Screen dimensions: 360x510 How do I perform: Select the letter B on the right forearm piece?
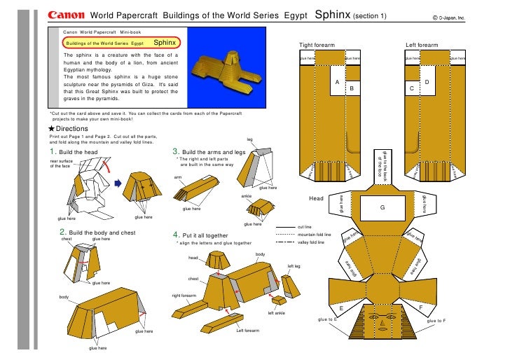(x=352, y=90)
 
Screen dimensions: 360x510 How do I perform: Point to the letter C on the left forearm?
(x=411, y=90)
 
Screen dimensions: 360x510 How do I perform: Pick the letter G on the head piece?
(x=382, y=207)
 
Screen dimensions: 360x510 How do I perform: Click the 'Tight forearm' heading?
(x=317, y=46)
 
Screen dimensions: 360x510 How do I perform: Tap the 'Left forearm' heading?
(x=422, y=46)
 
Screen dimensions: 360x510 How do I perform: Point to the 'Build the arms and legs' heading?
(x=213, y=152)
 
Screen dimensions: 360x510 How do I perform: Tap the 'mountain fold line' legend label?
(x=314, y=235)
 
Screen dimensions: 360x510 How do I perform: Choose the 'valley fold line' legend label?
(x=310, y=242)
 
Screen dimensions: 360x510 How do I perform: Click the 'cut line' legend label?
(x=305, y=227)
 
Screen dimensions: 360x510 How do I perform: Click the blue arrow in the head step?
(x=118, y=184)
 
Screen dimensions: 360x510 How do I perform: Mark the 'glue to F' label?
(x=435, y=320)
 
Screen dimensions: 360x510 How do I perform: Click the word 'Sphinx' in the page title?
(x=333, y=15)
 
